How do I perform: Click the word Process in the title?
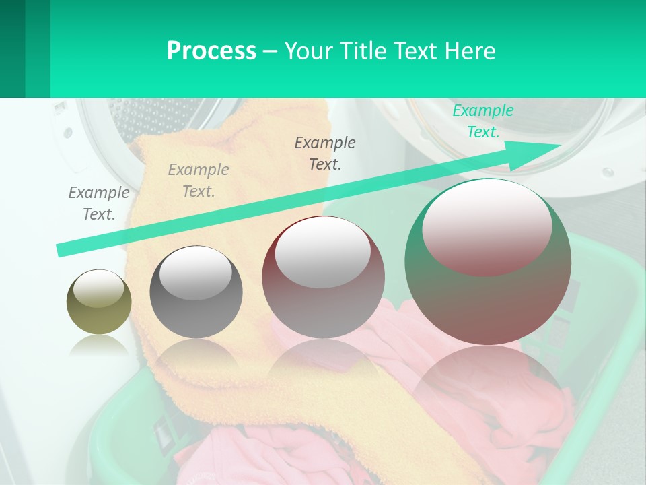point(211,51)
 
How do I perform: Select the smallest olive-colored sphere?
point(99,302)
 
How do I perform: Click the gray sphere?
point(196,292)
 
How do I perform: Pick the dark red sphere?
point(323,277)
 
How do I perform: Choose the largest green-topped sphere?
point(488,261)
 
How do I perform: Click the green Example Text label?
point(483,121)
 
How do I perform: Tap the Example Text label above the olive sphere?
point(99,203)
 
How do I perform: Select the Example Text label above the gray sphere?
point(199,181)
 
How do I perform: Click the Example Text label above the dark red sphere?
point(325,153)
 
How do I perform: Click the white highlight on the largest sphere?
point(487,226)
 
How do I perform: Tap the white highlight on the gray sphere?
point(196,273)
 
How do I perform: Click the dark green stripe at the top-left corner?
point(13,48)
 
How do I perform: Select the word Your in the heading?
point(306,51)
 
